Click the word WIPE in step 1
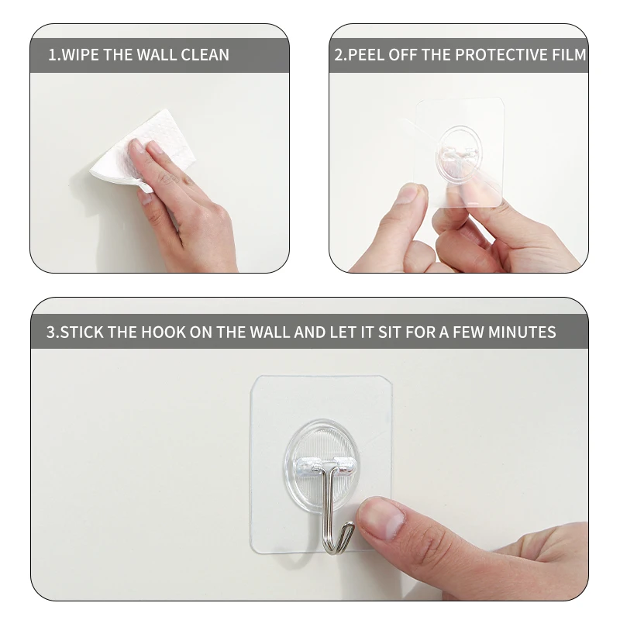point(81,55)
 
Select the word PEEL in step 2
point(366,55)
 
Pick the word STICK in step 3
point(82,332)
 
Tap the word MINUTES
point(522,332)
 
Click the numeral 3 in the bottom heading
point(51,332)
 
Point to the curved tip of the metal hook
point(350,526)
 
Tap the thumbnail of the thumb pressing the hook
point(380,518)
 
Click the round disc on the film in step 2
point(459,152)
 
